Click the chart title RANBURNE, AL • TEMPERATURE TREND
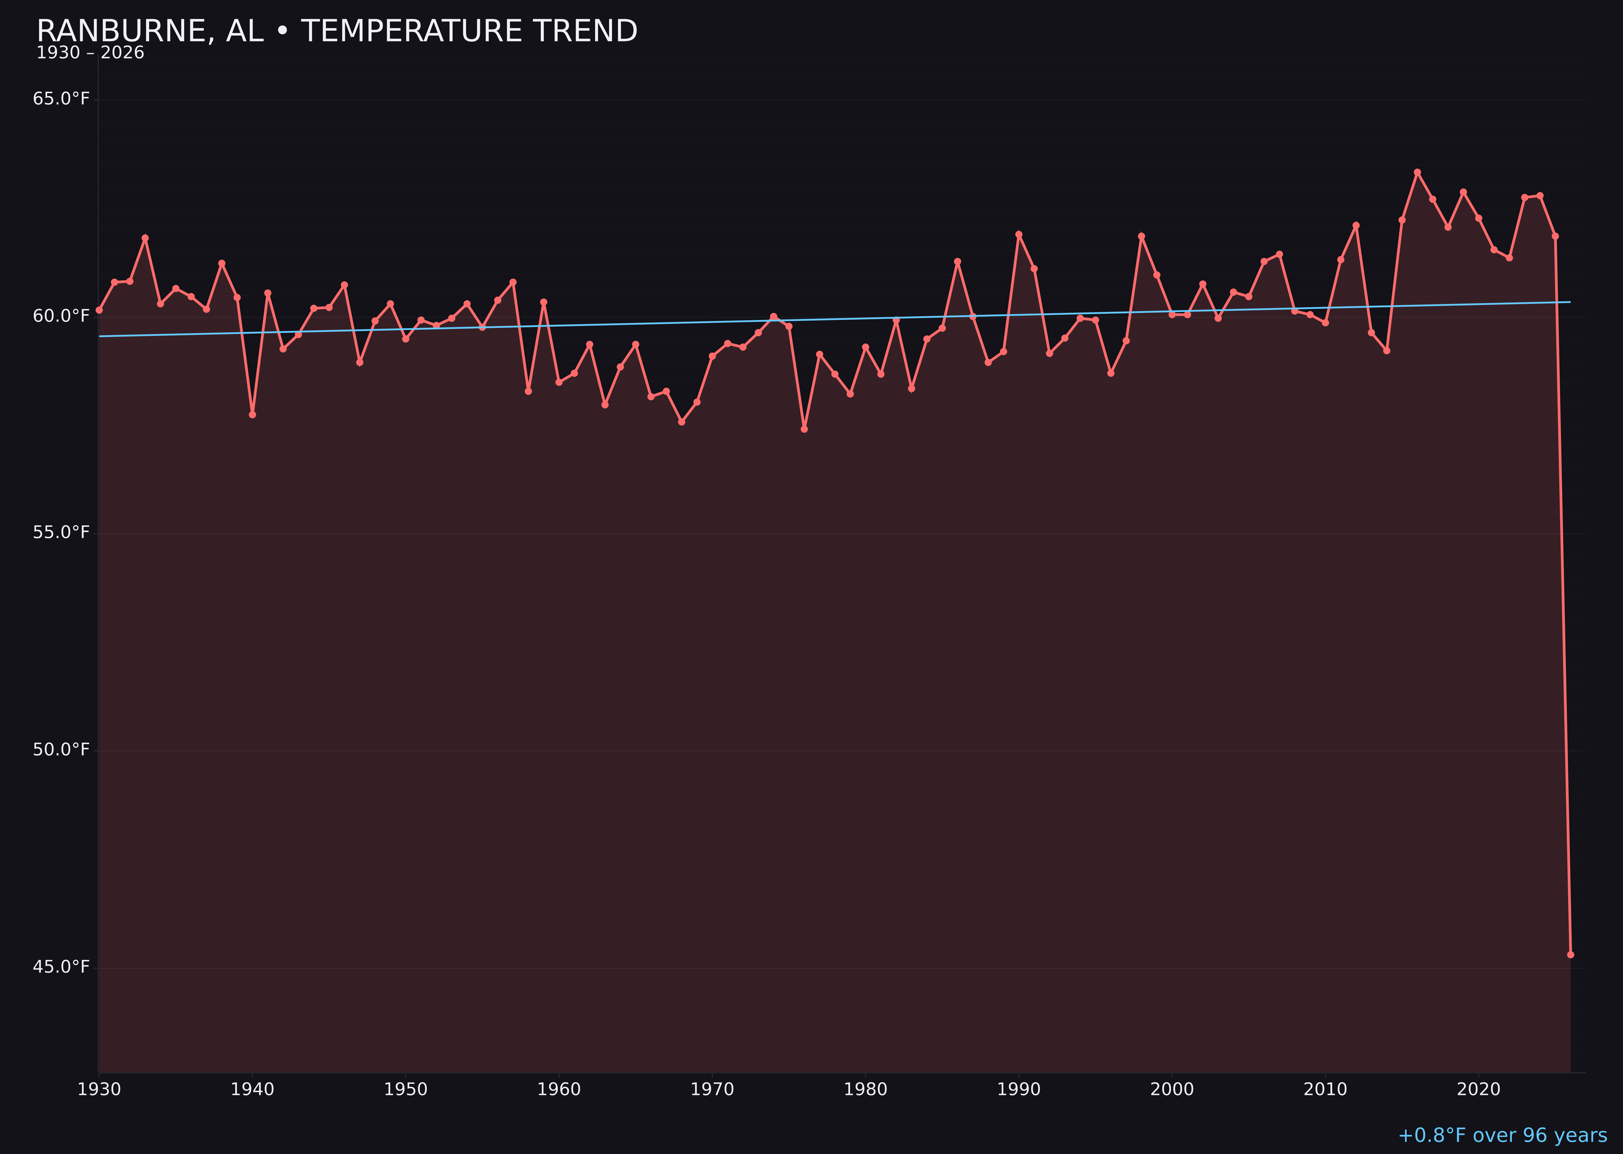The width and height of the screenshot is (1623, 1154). click(x=337, y=31)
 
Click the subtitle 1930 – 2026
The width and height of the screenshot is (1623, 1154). click(x=90, y=53)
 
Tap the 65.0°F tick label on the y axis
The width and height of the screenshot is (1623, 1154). click(x=61, y=99)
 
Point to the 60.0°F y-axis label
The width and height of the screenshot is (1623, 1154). click(x=61, y=316)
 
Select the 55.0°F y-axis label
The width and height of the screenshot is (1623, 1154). click(x=61, y=533)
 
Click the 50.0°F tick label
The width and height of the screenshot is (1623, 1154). click(x=61, y=750)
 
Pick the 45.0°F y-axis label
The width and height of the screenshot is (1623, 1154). click(x=61, y=967)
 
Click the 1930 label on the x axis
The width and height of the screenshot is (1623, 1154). click(x=99, y=1089)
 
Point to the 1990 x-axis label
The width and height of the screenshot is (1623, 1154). click(x=1018, y=1089)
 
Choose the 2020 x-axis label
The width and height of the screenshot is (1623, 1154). click(x=1479, y=1089)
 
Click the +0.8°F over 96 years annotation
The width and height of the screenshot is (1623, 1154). click(x=1502, y=1135)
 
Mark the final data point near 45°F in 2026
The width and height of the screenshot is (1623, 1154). click(x=1570, y=954)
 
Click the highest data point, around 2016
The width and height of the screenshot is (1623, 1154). click(x=1417, y=172)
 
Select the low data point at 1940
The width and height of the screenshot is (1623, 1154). click(x=252, y=414)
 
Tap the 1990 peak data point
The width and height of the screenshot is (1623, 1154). click(x=1018, y=234)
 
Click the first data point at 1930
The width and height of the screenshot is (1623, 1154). click(x=99, y=310)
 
